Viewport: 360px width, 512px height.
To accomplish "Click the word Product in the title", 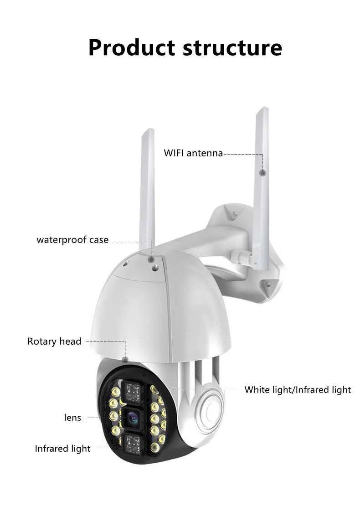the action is coord(132,48).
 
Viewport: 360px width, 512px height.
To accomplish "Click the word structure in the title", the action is coord(232,48).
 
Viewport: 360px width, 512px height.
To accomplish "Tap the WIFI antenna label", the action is coord(193,153).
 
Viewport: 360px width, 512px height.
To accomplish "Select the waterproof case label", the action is coord(72,240).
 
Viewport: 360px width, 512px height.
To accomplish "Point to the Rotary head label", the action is coord(54,341).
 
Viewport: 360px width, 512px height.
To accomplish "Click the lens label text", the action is coord(72,418).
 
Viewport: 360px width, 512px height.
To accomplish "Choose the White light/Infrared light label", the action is coord(298,390).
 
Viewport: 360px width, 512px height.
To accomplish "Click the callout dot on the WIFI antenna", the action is coord(263,173).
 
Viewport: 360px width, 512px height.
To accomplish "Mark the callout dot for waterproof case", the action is coord(151,259).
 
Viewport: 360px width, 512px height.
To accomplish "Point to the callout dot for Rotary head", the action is coord(125,360).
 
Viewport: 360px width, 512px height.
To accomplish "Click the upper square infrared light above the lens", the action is coord(133,391).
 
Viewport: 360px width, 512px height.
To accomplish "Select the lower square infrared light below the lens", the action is coord(133,445).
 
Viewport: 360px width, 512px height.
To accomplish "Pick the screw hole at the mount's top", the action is coord(235,214).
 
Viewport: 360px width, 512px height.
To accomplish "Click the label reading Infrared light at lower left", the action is coord(63,449).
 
